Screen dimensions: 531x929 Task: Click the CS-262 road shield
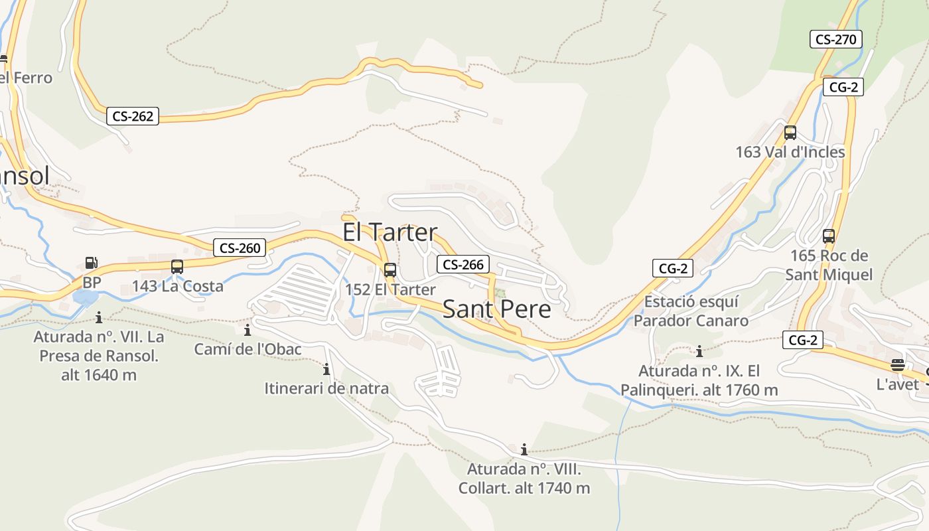coord(133,117)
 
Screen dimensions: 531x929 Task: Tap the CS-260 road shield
coord(240,248)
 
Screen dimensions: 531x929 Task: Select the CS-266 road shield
coord(463,264)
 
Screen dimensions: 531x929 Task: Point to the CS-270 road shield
coord(835,39)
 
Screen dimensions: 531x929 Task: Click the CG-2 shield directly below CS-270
coord(843,87)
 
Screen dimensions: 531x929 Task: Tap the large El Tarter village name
coord(390,232)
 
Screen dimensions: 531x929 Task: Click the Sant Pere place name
coord(496,309)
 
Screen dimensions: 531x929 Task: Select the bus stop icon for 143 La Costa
coord(177,267)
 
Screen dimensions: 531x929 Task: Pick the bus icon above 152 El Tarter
coord(390,270)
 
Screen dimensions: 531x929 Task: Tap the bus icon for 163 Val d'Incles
coord(790,132)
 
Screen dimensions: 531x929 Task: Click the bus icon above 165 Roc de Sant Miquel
coord(828,236)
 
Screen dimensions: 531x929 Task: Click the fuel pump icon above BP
coord(91,263)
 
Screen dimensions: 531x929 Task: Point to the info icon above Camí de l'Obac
coord(248,330)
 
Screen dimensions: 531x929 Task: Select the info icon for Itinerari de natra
coord(326,369)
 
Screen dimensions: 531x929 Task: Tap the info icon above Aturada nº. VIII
coord(524,449)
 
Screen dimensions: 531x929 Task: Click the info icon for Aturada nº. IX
coord(699,351)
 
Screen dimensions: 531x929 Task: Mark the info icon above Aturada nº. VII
coord(99,317)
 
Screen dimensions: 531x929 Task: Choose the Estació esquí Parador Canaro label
coord(691,311)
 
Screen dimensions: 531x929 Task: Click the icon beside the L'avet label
coord(897,365)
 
